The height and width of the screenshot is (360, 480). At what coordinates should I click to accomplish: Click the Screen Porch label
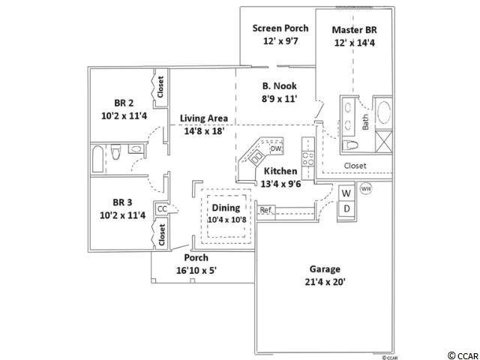280,28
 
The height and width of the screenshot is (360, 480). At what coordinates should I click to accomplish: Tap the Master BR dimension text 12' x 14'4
355,43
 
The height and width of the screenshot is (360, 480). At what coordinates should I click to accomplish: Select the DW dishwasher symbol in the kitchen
276,148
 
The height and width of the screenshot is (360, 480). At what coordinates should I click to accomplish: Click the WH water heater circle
366,188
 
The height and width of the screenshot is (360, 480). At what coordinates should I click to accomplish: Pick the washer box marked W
346,193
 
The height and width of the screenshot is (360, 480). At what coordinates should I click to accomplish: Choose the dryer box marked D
346,209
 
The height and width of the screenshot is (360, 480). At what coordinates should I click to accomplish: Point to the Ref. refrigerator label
265,210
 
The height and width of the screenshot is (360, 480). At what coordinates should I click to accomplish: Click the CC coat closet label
162,208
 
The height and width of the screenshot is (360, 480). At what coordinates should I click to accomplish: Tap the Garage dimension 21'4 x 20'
325,282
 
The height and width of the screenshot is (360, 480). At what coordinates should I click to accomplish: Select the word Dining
226,208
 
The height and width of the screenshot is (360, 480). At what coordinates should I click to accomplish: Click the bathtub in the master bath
384,112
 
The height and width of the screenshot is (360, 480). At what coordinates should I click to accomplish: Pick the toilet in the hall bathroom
115,151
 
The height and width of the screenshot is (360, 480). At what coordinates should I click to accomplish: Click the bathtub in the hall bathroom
97,159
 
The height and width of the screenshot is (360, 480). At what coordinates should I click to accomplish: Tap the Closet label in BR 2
160,87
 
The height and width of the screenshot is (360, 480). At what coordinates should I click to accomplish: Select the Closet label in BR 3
162,235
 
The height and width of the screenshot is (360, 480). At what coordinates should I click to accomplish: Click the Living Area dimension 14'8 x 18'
205,131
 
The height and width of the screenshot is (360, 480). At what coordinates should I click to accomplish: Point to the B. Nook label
280,86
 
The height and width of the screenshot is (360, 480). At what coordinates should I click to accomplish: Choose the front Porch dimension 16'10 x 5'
196,271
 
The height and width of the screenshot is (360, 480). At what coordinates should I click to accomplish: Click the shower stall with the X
383,141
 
